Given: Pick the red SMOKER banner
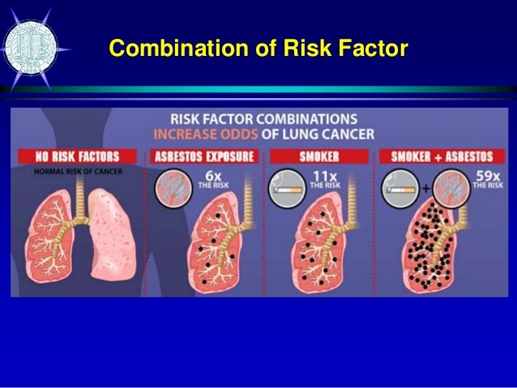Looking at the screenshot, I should tap(318, 156).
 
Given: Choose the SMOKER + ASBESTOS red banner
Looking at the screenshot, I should tap(441, 156).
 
